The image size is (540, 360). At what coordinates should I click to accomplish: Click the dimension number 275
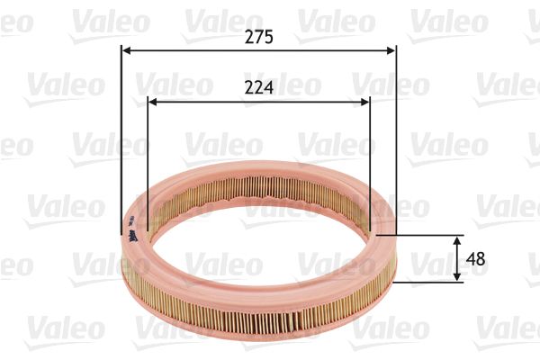pyautogui.click(x=259, y=37)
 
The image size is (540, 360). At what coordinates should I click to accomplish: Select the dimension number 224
pyautogui.click(x=259, y=87)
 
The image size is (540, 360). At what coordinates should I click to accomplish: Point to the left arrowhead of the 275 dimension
pyautogui.click(x=126, y=50)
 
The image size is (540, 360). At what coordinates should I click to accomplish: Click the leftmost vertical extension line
pyautogui.click(x=121, y=135)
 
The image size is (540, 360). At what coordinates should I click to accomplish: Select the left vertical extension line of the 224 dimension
pyautogui.click(x=147, y=153)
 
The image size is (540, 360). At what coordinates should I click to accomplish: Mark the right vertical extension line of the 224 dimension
pyautogui.click(x=370, y=153)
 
